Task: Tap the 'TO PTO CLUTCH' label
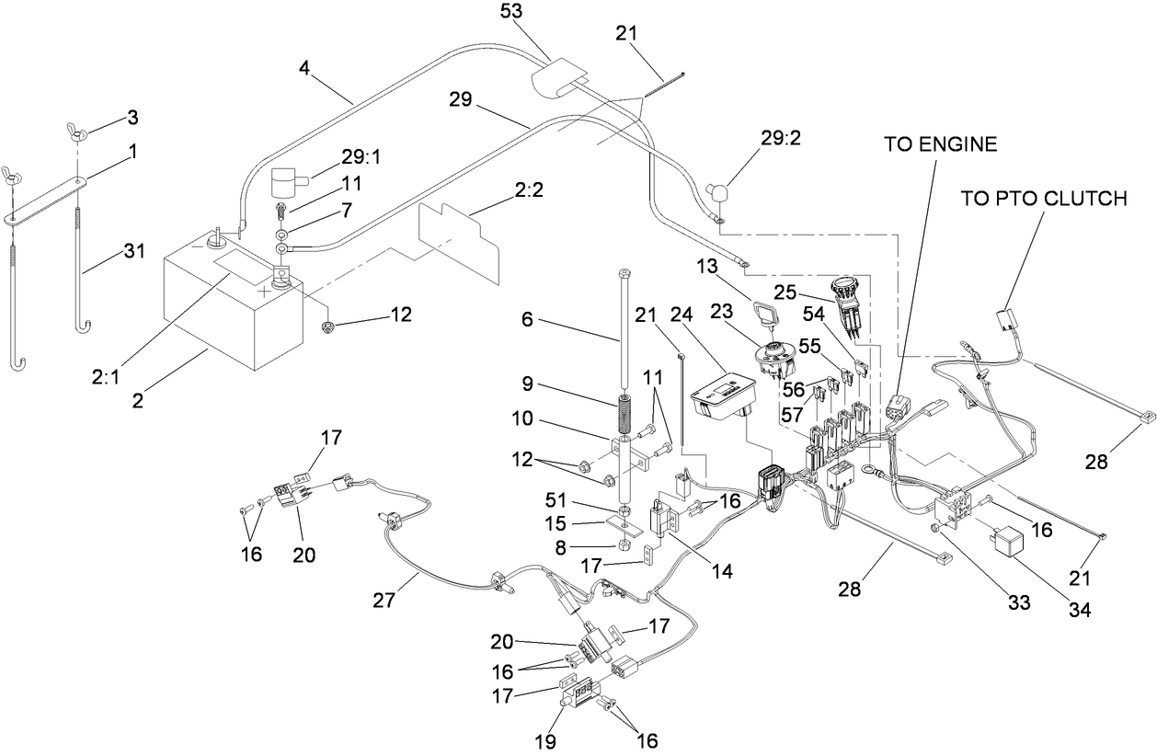1043,200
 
